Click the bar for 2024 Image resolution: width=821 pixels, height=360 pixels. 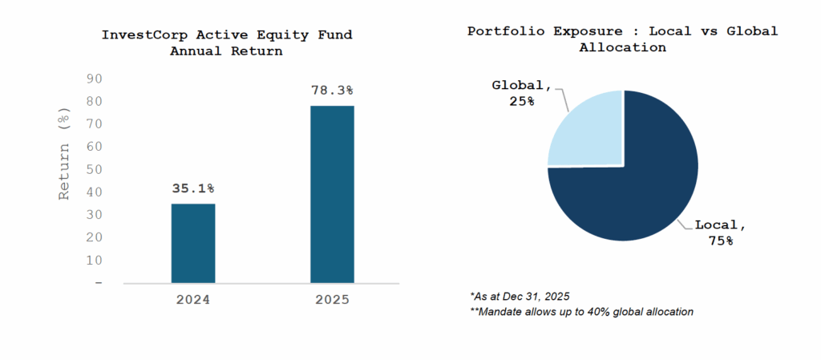click(x=192, y=243)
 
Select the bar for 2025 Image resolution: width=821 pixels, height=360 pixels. click(x=332, y=194)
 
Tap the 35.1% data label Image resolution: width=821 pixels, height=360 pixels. click(x=192, y=188)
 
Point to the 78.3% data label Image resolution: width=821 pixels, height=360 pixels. click(x=332, y=91)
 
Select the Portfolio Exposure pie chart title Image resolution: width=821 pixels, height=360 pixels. click(x=622, y=38)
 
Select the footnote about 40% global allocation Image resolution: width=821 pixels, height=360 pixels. click(x=581, y=311)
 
